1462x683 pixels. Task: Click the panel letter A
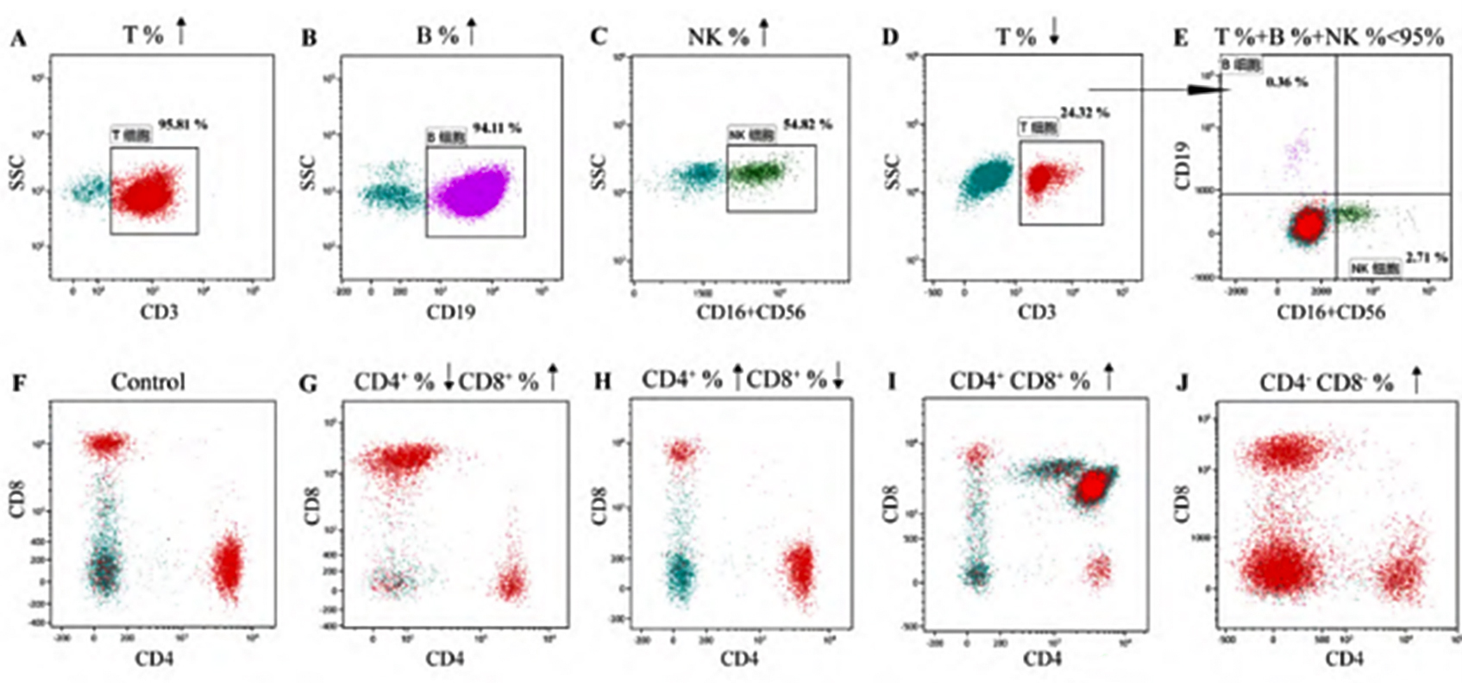pyautogui.click(x=17, y=37)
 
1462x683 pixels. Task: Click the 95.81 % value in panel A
pyautogui.click(x=182, y=123)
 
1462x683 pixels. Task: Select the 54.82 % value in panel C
pyautogui.click(x=807, y=124)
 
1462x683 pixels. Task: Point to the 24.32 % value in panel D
pyautogui.click(x=1085, y=112)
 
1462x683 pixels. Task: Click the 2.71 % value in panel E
pyautogui.click(x=1426, y=258)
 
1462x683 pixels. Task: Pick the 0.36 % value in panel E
pyautogui.click(x=1287, y=83)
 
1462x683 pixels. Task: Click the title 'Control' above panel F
pyautogui.click(x=147, y=381)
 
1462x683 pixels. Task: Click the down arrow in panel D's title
pyautogui.click(x=1053, y=34)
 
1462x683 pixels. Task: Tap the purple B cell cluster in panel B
pyautogui.click(x=473, y=191)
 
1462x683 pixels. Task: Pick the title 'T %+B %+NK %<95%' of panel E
pyautogui.click(x=1329, y=37)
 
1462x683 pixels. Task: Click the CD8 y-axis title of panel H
pyautogui.click(x=598, y=504)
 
